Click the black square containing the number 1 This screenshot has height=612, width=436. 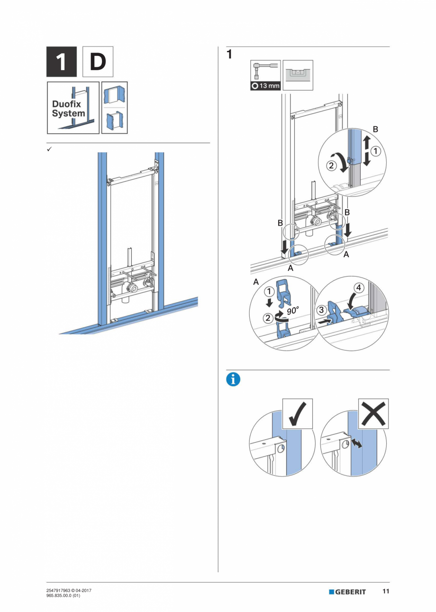(61, 62)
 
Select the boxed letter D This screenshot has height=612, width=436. (98, 62)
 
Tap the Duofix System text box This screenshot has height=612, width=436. (73, 108)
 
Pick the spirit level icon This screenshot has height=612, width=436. (298, 75)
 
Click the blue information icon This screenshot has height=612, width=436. (234, 380)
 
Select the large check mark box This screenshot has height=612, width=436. (297, 414)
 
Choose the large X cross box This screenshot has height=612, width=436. (372, 414)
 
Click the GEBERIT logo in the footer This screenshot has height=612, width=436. (347, 592)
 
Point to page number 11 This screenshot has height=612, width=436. (386, 592)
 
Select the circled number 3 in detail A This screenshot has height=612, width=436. (322, 310)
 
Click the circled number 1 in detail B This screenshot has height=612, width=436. (374, 152)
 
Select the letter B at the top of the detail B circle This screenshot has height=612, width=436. (376, 129)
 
